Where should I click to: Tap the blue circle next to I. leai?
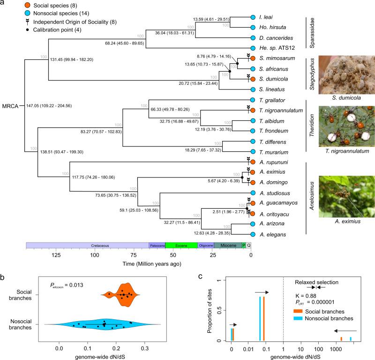click(x=253, y=16)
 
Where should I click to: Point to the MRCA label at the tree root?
click(x=11, y=106)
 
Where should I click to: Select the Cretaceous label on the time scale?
click(x=87, y=245)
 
